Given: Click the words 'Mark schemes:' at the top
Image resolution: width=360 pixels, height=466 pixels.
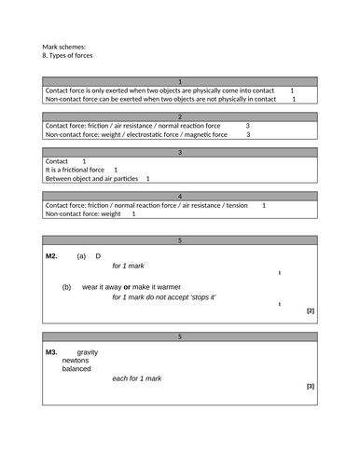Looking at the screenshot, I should pos(64,46).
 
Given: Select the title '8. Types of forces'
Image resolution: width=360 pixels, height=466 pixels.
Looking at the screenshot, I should pos(74,56).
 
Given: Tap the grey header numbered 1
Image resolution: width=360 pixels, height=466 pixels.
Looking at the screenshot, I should pos(180,81).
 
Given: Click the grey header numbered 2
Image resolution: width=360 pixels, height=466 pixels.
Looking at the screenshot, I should pos(180,116).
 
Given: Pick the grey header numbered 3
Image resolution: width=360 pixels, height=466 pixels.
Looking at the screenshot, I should pos(180,152).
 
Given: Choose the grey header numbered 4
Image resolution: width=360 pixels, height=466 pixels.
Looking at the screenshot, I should pos(180,197).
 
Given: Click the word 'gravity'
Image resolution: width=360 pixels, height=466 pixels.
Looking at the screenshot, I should pos(87,352).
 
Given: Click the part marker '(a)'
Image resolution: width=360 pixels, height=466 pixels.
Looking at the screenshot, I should pos(81,255).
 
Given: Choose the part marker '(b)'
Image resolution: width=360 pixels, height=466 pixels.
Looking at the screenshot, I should pos(67,286).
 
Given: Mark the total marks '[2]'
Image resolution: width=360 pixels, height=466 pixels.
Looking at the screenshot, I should pos(310,311).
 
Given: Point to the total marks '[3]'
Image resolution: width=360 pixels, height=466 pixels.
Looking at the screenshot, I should pos(310,386).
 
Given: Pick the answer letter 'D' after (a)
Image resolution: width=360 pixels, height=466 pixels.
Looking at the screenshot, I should pos(99,255).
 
